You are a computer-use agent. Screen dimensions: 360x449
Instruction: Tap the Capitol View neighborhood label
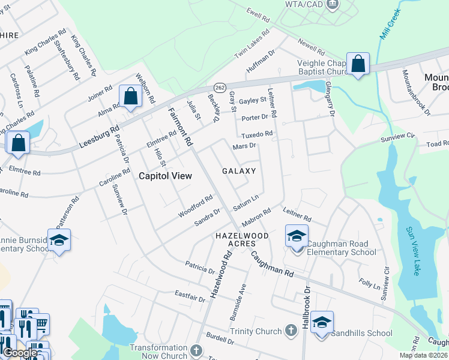pyautogui.click(x=166, y=176)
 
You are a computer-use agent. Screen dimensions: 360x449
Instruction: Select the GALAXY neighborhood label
pyautogui.click(x=239, y=171)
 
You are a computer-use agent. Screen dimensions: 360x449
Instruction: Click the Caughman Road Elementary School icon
pyautogui.click(x=297, y=238)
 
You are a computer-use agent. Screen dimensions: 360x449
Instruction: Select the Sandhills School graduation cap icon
pyautogui.click(x=322, y=323)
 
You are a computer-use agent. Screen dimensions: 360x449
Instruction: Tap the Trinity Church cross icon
pyautogui.click(x=291, y=331)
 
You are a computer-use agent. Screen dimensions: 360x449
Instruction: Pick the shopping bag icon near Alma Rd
pyautogui.click(x=130, y=96)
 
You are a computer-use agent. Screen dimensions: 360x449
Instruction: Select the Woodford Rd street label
pyautogui.click(x=196, y=206)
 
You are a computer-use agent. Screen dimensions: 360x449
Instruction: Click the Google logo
pyautogui.click(x=20, y=353)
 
